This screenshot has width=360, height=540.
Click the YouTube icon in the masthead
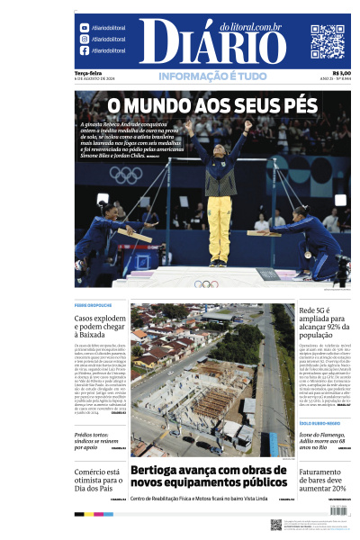[84, 28]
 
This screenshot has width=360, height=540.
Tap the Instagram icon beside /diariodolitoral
[84, 39]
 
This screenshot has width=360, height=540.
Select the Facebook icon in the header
[84, 50]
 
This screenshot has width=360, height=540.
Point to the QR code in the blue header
[328, 41]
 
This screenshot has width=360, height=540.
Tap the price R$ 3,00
[341, 73]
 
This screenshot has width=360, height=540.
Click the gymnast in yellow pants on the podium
[220, 198]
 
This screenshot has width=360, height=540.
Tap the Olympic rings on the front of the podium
[206, 283]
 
